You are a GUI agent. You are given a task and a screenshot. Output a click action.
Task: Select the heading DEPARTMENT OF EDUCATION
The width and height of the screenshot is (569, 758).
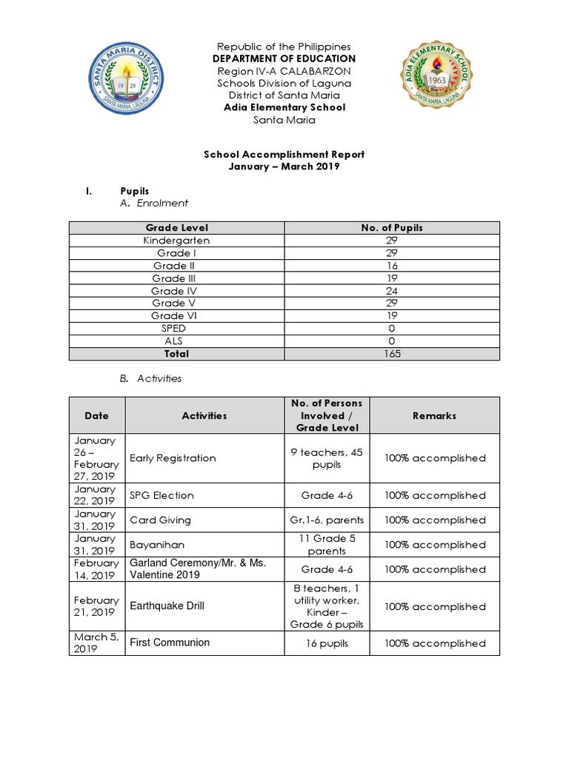coord(284,58)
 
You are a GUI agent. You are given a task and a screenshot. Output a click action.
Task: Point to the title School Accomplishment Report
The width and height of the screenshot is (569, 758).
coord(284,155)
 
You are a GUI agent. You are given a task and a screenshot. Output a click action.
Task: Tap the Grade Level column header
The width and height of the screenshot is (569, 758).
coord(176,228)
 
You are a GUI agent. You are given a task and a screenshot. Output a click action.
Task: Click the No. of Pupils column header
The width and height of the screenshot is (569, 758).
coord(391,228)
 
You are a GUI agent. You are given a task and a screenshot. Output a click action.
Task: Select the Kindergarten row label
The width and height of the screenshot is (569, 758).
coord(176,241)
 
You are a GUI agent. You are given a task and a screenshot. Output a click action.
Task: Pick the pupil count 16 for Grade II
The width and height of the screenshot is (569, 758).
coord(391,266)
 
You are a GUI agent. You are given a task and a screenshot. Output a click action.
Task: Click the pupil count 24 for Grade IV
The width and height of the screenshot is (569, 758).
coord(391,291)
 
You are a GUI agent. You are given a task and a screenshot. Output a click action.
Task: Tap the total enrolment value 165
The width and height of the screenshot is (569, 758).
coord(391,354)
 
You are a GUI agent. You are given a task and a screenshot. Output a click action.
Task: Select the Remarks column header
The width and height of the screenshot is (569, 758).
coord(435,416)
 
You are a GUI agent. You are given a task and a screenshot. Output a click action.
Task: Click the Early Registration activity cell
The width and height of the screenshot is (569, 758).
coord(173,458)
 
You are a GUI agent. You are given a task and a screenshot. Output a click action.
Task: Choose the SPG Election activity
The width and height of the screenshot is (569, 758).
coord(162,495)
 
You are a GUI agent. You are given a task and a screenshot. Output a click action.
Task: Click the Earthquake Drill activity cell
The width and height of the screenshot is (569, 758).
coord(167,606)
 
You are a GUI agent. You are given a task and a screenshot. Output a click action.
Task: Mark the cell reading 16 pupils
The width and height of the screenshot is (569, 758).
coord(327,643)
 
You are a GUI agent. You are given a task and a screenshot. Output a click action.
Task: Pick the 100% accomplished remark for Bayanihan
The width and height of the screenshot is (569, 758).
coord(435,545)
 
